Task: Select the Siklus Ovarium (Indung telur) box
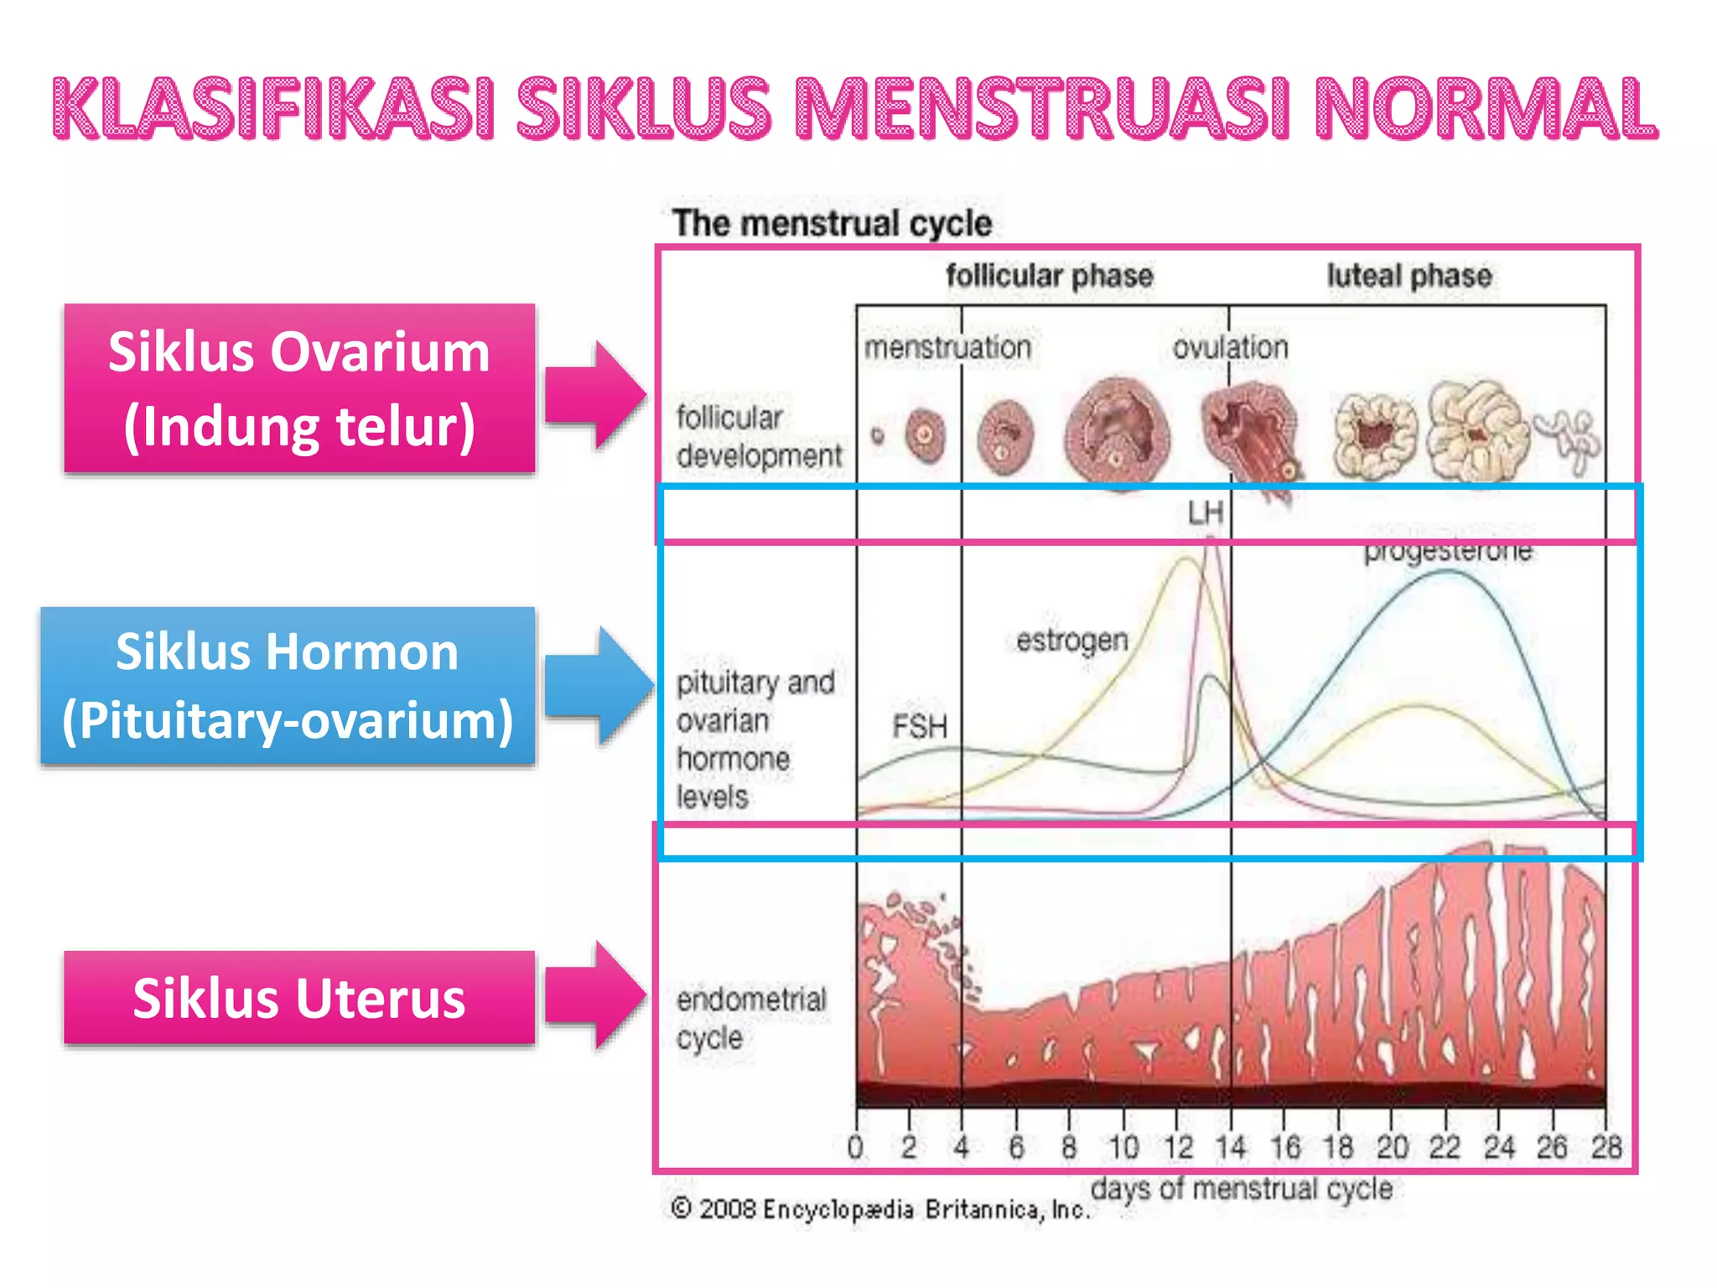(x=299, y=388)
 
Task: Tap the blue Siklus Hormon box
(x=288, y=685)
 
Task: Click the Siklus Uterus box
(x=299, y=998)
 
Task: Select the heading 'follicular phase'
(x=1049, y=276)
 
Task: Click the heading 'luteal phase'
(x=1408, y=276)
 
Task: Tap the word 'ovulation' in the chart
(x=1230, y=347)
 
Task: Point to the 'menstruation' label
(x=947, y=347)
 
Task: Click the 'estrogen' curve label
(x=1071, y=641)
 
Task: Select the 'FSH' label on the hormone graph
(x=919, y=726)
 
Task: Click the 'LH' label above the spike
(x=1206, y=512)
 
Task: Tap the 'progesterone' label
(x=1448, y=552)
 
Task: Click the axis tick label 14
(x=1231, y=1146)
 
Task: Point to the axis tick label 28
(x=1605, y=1146)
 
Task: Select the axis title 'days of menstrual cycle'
(x=1241, y=1188)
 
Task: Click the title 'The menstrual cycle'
(x=832, y=224)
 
